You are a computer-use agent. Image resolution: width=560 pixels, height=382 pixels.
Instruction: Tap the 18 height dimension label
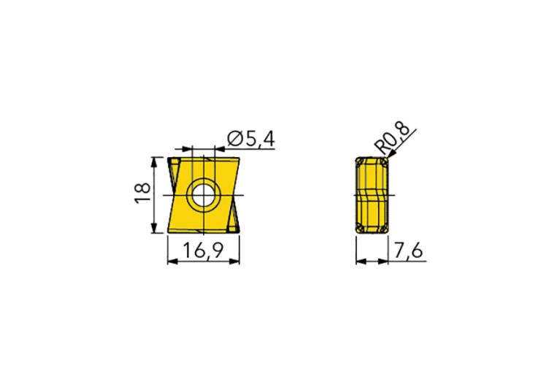143,194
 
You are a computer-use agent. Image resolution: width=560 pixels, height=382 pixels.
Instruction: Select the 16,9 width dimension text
203,250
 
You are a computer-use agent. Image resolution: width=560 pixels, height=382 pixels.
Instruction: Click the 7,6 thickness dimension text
409,250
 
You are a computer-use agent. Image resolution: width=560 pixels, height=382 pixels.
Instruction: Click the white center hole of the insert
203,195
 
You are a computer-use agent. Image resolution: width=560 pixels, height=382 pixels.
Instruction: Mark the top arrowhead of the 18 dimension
154,162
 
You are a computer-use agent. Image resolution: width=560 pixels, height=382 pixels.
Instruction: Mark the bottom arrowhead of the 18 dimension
154,228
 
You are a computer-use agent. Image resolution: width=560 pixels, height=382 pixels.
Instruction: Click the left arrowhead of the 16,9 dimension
172,261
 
